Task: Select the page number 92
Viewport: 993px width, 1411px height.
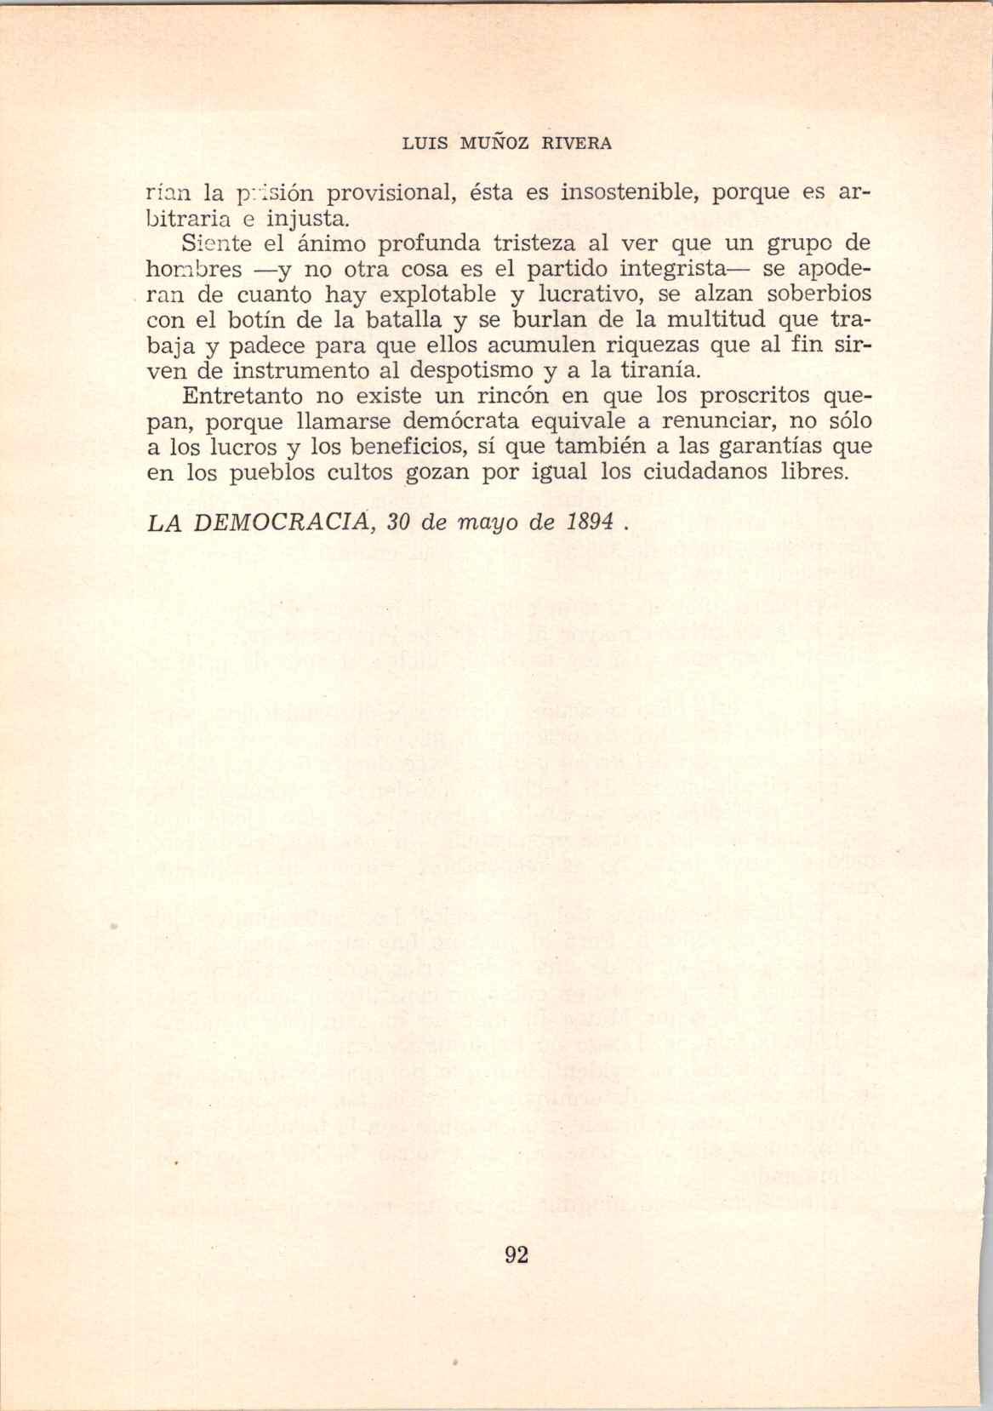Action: point(517,1254)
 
